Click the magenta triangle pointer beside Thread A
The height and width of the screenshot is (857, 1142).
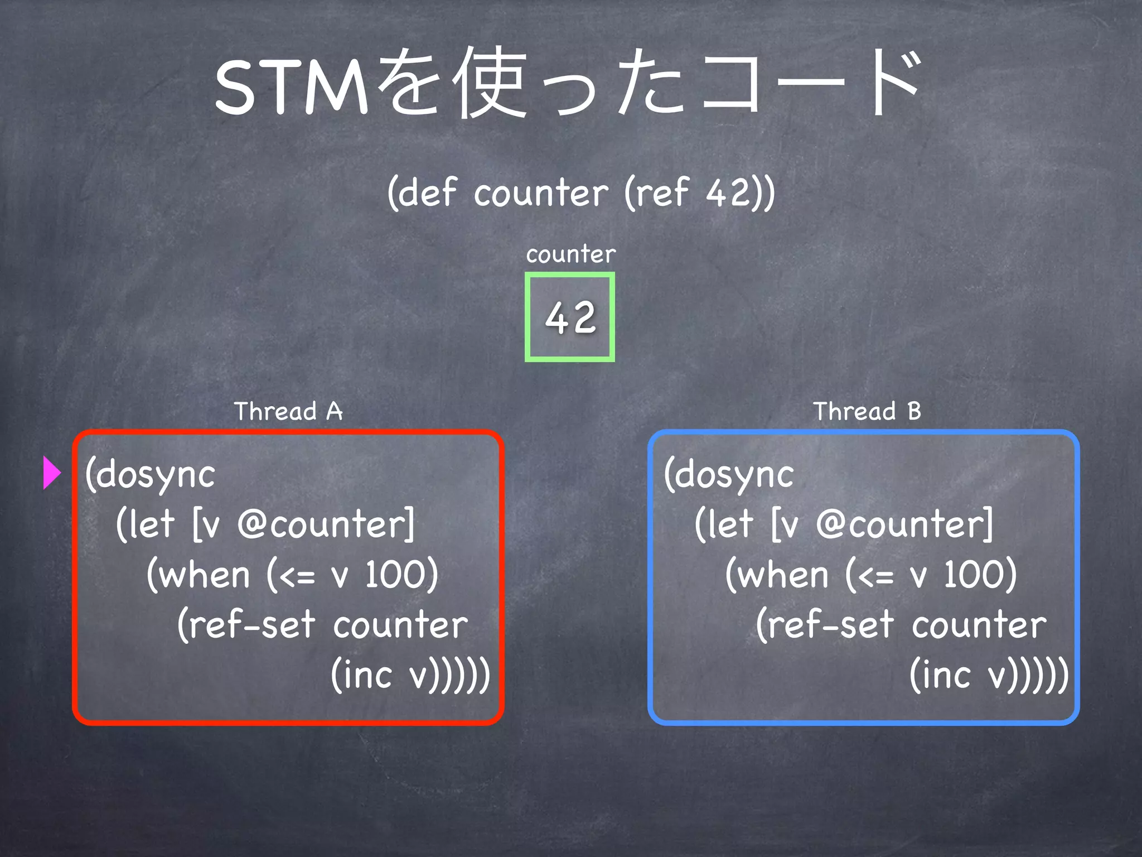point(51,473)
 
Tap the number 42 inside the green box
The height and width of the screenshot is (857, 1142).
point(570,317)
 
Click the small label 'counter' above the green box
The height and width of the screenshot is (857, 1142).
point(570,254)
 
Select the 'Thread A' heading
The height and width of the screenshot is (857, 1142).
point(288,411)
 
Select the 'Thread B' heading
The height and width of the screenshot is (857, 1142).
point(867,411)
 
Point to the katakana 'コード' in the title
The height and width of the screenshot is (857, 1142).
point(809,84)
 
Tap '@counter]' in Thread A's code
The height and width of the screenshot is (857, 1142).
point(326,524)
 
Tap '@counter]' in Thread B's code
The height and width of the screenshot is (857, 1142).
point(904,524)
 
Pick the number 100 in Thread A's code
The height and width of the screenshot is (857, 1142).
point(401,575)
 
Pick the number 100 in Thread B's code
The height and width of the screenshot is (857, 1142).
point(980,575)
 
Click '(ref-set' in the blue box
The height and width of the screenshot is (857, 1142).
point(825,624)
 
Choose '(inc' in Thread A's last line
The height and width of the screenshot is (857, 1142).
point(362,675)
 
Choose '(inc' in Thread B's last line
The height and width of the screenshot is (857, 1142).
point(941,675)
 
